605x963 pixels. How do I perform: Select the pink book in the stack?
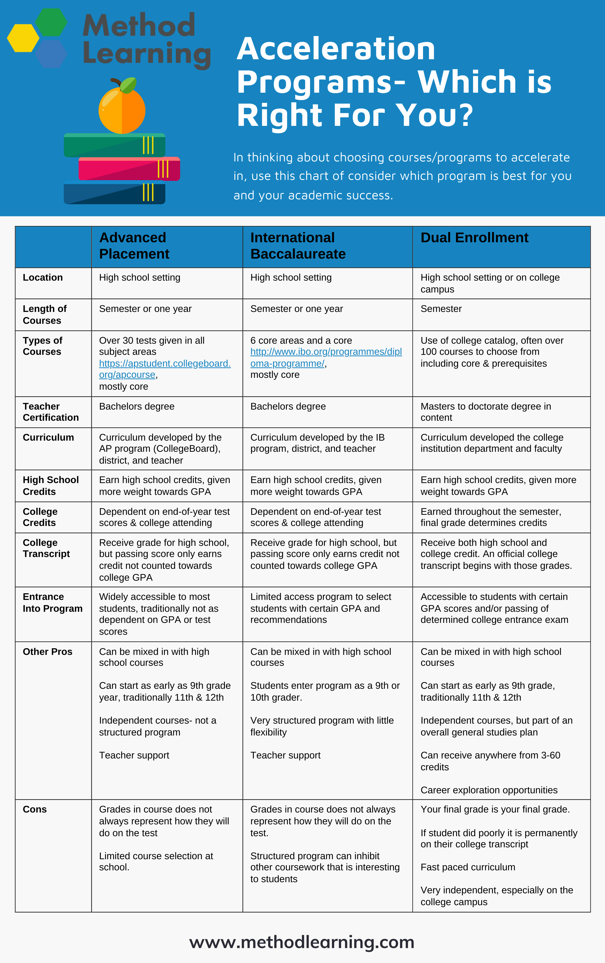click(x=129, y=169)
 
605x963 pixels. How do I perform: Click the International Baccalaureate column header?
click(x=298, y=246)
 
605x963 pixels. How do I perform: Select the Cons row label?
click(x=35, y=809)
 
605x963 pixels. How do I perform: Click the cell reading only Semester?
click(x=441, y=309)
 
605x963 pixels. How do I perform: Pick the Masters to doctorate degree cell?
click(x=485, y=412)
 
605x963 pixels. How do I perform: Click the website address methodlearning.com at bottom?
click(x=302, y=942)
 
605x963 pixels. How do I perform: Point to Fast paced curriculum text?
click(x=468, y=867)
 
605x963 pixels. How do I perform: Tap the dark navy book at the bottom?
click(x=114, y=194)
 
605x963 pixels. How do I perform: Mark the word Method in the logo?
click(x=139, y=26)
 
